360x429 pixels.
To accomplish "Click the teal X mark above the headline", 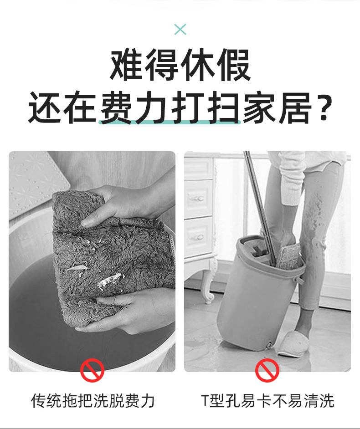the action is (x=180, y=29).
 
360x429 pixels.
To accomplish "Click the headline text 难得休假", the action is (x=180, y=65).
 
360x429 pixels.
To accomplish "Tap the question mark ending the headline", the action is (x=324, y=108).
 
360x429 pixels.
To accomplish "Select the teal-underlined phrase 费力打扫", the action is (x=170, y=108).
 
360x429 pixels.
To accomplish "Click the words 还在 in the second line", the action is (x=62, y=108).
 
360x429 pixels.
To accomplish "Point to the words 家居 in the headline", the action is (x=277, y=108).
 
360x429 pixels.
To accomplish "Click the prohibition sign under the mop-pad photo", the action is (x=92, y=370).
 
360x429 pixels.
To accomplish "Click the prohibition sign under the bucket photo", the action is (x=267, y=370).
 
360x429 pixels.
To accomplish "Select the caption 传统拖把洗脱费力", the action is (x=93, y=401).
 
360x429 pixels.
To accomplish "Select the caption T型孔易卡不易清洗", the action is (x=267, y=401).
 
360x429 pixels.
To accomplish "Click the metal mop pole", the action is (x=260, y=208).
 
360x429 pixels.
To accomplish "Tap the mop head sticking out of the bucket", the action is (x=289, y=256).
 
